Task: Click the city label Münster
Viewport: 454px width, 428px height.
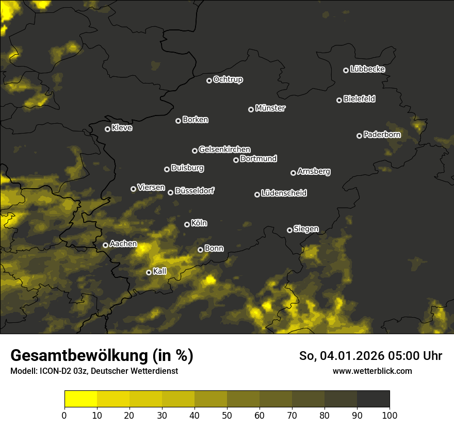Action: pyautogui.click(x=270, y=108)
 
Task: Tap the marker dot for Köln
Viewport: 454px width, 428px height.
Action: pyautogui.click(x=187, y=224)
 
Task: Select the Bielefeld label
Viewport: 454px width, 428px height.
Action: pyautogui.click(x=359, y=99)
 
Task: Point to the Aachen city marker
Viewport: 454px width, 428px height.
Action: pyautogui.click(x=105, y=245)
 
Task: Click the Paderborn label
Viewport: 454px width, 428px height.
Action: pyautogui.click(x=382, y=135)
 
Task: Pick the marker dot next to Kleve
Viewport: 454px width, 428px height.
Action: pyautogui.click(x=107, y=129)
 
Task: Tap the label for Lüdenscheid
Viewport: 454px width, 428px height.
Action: pyautogui.click(x=284, y=193)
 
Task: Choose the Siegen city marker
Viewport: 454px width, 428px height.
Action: pyautogui.click(x=289, y=230)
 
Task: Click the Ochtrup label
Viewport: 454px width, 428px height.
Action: pyautogui.click(x=228, y=80)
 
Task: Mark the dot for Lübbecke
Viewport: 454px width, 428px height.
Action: pyautogui.click(x=346, y=70)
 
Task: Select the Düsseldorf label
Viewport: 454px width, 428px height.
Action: pyautogui.click(x=194, y=191)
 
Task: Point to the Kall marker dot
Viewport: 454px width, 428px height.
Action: pyautogui.click(x=149, y=272)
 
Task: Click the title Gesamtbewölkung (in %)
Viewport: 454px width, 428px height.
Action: pyautogui.click(x=102, y=356)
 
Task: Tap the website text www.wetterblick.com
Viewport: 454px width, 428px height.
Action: pyautogui.click(x=372, y=371)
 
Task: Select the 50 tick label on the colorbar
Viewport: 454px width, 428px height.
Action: pyautogui.click(x=227, y=416)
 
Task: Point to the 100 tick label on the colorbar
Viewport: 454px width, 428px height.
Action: pyautogui.click(x=390, y=416)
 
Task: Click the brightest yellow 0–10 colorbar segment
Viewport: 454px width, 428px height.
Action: pyautogui.click(x=80, y=399)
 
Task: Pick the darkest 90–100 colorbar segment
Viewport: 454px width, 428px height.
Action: pyautogui.click(x=373, y=399)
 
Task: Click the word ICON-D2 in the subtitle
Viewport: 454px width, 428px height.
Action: pyautogui.click(x=54, y=371)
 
